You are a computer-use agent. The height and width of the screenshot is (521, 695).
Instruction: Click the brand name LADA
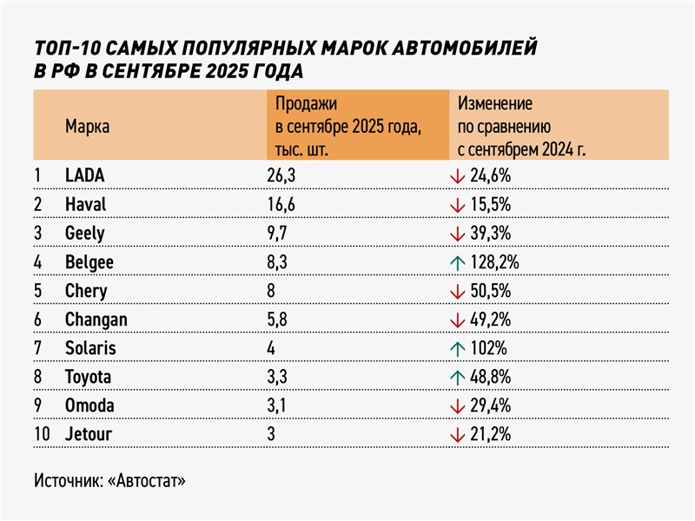[x=85, y=175]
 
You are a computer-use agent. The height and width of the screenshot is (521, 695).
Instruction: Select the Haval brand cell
[x=86, y=204]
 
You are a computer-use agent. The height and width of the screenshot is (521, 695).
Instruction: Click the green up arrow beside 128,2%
[x=455, y=261]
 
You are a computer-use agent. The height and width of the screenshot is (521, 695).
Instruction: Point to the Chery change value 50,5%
[x=489, y=290]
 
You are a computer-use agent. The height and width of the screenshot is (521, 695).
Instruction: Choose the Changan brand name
[x=96, y=319]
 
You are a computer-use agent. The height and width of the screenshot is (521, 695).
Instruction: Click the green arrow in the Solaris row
[x=455, y=347]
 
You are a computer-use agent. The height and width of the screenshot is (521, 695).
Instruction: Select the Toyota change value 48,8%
[x=489, y=376]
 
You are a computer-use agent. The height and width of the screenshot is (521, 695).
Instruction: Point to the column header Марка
[x=87, y=127]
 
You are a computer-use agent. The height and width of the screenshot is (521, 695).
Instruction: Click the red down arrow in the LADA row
[x=455, y=175]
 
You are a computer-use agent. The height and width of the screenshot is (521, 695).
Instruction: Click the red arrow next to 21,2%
[x=455, y=433]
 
